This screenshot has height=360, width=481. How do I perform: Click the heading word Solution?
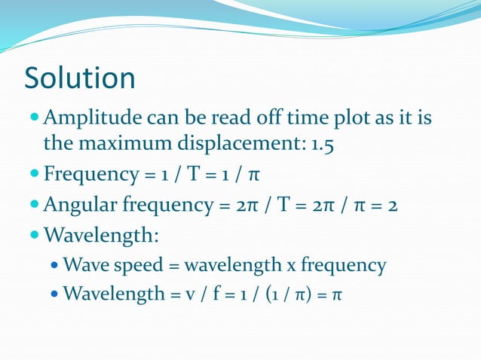(80, 78)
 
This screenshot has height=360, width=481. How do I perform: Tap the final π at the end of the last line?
(337, 292)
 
